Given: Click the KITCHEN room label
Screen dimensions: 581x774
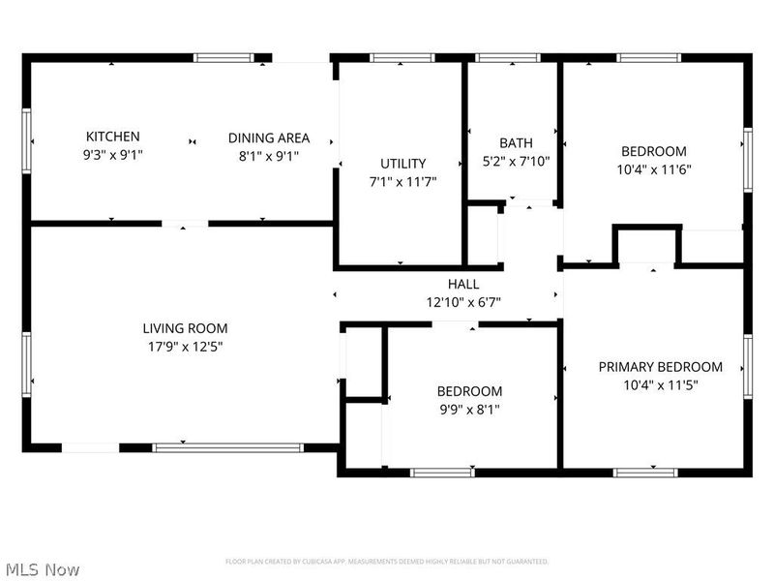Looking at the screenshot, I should [x=113, y=137].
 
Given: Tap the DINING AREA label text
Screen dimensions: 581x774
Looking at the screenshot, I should [x=269, y=138].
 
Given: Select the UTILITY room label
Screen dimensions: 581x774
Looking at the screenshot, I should [x=402, y=164].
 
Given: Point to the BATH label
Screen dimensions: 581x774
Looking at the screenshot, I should [x=516, y=143].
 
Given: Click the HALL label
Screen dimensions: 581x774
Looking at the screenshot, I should [x=462, y=284].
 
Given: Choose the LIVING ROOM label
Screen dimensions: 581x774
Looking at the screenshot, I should [x=185, y=328].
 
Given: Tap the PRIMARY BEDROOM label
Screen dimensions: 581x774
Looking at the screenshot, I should [x=660, y=367].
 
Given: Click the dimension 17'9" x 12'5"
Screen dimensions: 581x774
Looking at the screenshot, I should [x=185, y=346].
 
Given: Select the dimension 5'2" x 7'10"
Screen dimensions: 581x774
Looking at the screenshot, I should [x=516, y=162].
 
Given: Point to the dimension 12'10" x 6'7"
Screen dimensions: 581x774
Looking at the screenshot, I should [x=462, y=301].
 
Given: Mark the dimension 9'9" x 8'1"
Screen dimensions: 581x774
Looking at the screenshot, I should [x=469, y=409].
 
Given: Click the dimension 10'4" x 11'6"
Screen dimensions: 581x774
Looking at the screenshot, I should [x=653, y=168].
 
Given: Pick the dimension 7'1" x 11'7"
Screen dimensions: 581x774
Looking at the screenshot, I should [x=402, y=181].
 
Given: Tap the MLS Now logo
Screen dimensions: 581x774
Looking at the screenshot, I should [x=43, y=569].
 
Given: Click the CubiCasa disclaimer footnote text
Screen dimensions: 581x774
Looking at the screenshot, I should [x=387, y=562].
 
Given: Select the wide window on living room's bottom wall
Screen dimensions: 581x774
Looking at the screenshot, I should [x=228, y=447].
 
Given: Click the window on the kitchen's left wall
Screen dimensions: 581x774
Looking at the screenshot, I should [x=27, y=142].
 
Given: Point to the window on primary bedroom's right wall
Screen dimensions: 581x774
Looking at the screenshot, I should [x=747, y=368].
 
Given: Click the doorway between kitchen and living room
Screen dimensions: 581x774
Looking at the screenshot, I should [x=184, y=224].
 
